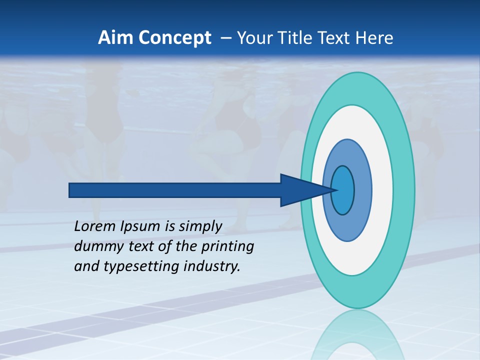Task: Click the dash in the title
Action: click(225, 38)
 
